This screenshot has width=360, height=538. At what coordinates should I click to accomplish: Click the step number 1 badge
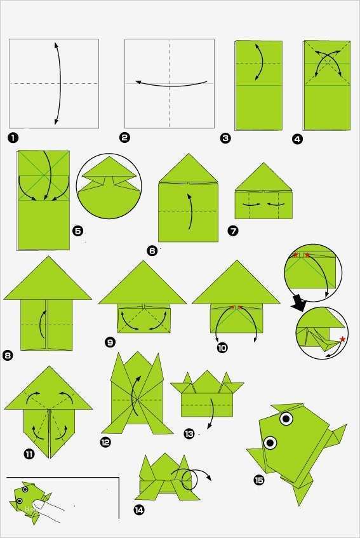pos(13,138)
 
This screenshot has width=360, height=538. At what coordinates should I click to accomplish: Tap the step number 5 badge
pos(78,231)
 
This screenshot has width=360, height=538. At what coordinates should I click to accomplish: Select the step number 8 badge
pos(8,355)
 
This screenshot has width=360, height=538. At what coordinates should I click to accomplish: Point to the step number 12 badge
pos(105,442)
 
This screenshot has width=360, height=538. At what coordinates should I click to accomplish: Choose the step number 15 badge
pos(259,480)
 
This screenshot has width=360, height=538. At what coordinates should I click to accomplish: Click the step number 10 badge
pos(222,347)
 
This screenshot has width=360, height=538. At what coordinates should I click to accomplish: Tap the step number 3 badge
pos(225,138)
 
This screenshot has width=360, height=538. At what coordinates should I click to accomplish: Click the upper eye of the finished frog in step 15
pos(286,418)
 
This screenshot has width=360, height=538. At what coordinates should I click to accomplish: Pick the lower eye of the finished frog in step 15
pos(270,442)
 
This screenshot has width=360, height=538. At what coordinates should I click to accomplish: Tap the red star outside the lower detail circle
pos(342,339)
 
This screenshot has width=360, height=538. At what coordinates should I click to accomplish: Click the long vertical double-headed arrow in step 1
pos(59,83)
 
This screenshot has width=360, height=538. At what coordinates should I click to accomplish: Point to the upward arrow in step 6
pos(190,212)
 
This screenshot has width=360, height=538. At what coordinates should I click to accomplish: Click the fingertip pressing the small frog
pos(40,504)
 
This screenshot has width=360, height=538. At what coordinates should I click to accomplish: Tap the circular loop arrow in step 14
pos(190,480)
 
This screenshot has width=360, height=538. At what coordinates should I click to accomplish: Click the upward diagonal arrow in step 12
pos(135,395)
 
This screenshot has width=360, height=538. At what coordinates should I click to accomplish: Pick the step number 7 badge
pos(233,231)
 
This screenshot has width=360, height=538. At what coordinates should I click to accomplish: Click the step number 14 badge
pos(139,510)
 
